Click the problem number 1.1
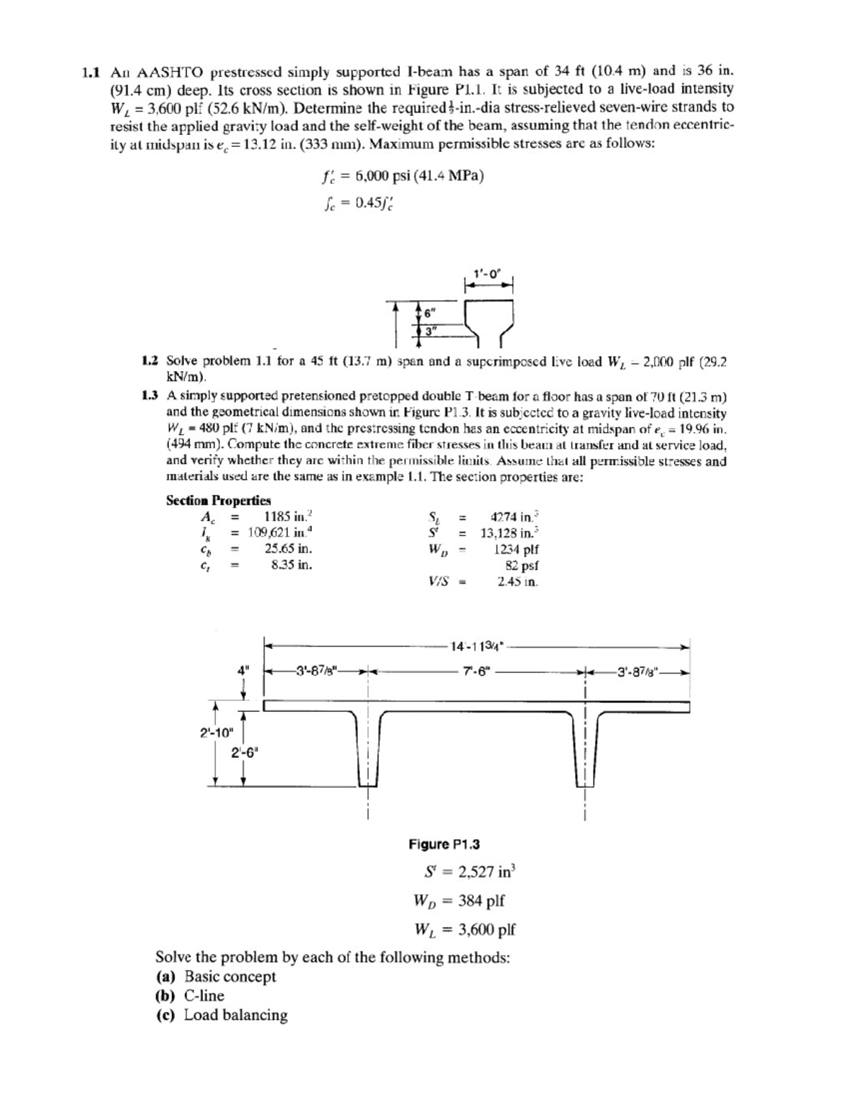point(91,72)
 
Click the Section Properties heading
point(218,501)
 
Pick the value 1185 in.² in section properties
point(287,516)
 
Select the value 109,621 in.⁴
point(279,532)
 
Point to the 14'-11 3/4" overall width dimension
point(476,646)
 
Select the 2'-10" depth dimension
point(216,732)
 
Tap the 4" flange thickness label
point(243,670)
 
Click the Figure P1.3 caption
point(444,844)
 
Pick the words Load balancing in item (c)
point(236,1015)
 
